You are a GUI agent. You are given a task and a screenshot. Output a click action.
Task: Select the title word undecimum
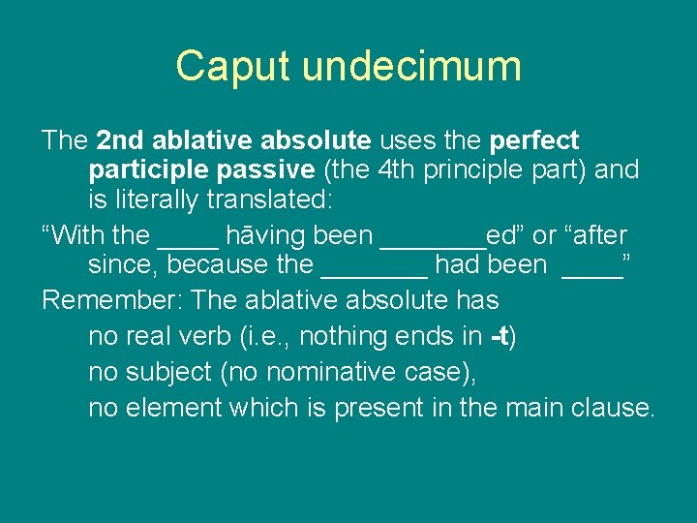411,66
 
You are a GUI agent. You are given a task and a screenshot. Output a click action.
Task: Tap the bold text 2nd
120,140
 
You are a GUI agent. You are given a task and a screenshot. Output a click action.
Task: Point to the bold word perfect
534,140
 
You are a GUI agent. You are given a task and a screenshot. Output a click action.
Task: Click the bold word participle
146,170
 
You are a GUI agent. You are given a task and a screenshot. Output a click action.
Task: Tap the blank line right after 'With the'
188,242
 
